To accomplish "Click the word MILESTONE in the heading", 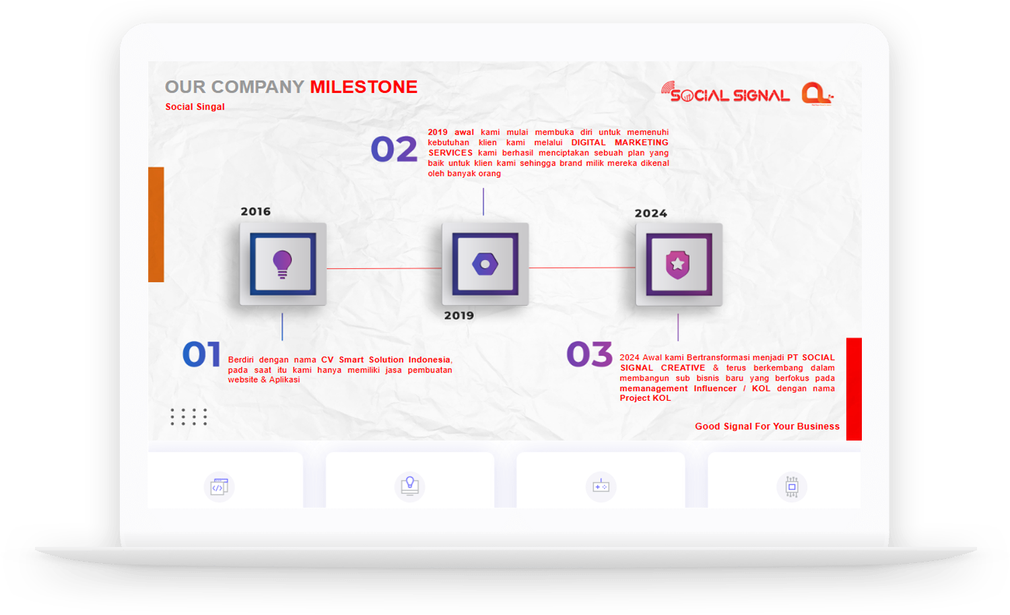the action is [364, 87].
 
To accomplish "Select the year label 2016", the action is [256, 212].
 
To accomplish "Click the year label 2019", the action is [459, 315].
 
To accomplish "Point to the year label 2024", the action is [650, 214].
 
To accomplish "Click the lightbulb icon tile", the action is [283, 264].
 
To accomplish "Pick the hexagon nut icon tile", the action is [485, 264].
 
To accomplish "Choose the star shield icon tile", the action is [679, 265].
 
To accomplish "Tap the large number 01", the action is [201, 354].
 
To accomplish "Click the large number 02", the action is [394, 149].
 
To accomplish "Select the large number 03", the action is [589, 354].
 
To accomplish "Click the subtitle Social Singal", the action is [195, 107].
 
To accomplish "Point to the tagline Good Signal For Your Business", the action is [767, 426].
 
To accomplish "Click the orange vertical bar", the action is [156, 225].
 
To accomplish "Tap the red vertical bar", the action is [854, 389].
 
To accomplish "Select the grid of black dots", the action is [189, 417].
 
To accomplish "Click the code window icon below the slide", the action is [219, 487].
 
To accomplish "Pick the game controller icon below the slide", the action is [601, 486].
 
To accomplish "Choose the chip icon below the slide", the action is [792, 486].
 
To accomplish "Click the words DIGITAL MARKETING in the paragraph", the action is [619, 143].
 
